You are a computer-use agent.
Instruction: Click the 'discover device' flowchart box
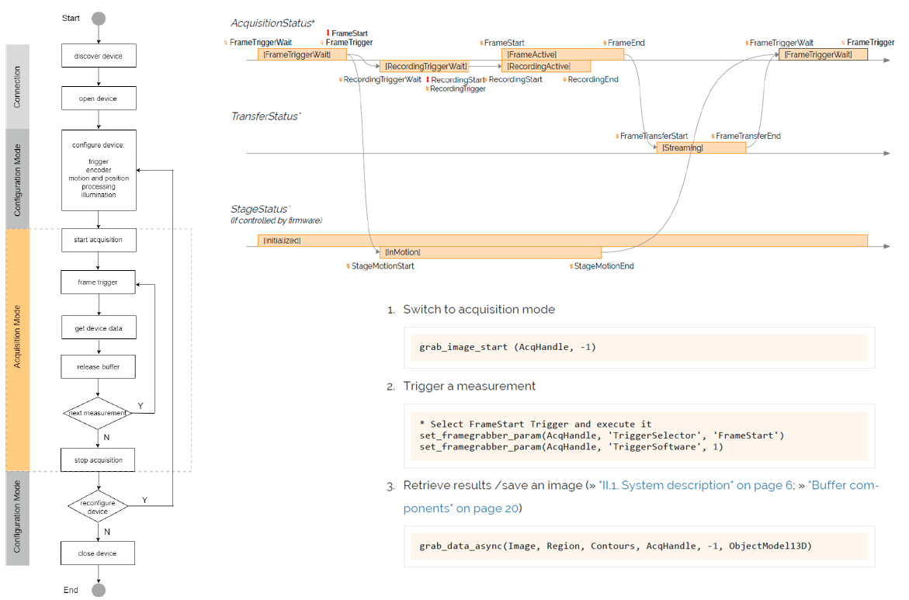click(x=99, y=57)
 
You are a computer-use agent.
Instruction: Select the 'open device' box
click(x=99, y=99)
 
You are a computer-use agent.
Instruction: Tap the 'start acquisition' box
click(x=99, y=240)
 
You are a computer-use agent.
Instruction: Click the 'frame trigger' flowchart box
click(x=99, y=283)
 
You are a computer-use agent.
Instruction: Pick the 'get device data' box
click(x=99, y=328)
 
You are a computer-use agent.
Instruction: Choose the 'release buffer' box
click(x=99, y=366)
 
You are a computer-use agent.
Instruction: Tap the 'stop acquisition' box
click(x=99, y=460)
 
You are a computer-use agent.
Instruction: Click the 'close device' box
click(x=99, y=553)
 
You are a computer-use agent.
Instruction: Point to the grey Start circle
click(x=99, y=19)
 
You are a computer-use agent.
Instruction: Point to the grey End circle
click(x=99, y=590)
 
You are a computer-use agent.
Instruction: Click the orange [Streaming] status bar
click(x=700, y=147)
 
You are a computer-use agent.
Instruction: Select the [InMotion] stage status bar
click(x=490, y=252)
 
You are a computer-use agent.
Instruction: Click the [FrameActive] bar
click(x=563, y=54)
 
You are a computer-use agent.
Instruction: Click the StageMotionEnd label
click(x=603, y=266)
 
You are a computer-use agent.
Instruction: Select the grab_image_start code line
click(x=508, y=347)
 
